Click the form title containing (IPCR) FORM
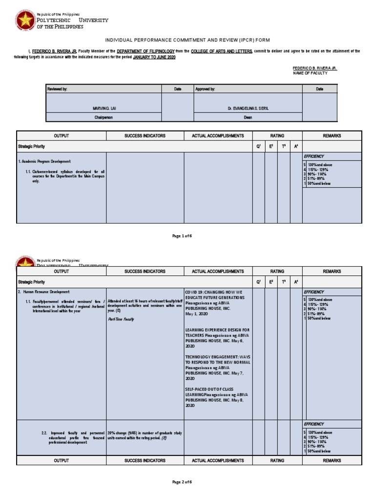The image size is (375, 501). pos(187,40)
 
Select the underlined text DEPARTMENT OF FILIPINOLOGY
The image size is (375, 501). pos(146,51)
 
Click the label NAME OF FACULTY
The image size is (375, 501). pos(310,73)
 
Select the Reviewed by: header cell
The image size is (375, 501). pos(103,89)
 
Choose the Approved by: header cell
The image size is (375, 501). pos(248,89)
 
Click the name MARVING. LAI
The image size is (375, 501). pos(103,108)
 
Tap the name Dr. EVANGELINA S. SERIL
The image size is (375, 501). pos(248,108)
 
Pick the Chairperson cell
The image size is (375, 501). pos(103,117)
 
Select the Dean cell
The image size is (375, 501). pos(248,117)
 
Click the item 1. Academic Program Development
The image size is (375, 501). pos(44,161)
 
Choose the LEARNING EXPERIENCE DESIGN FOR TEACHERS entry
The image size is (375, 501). pos(217,330)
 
